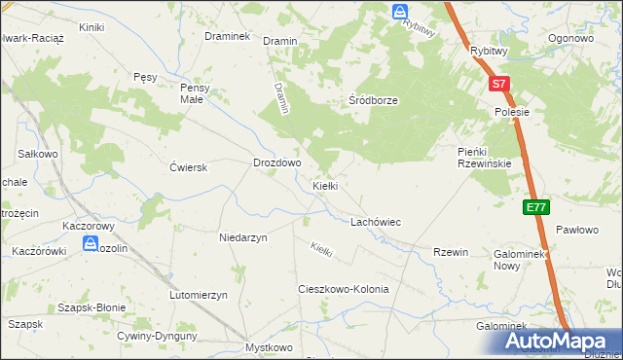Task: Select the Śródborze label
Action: click(375, 100)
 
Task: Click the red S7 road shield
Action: click(497, 85)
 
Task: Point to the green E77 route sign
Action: click(535, 207)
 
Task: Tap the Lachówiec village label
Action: click(376, 222)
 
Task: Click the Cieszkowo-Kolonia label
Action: click(343, 290)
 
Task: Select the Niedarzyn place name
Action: click(242, 236)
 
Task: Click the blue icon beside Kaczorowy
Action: click(90, 244)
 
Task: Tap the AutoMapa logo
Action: click(560, 342)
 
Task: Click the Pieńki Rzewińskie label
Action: click(485, 157)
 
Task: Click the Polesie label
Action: click(511, 112)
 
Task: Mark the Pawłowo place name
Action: click(576, 231)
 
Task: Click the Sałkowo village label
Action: click(39, 154)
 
